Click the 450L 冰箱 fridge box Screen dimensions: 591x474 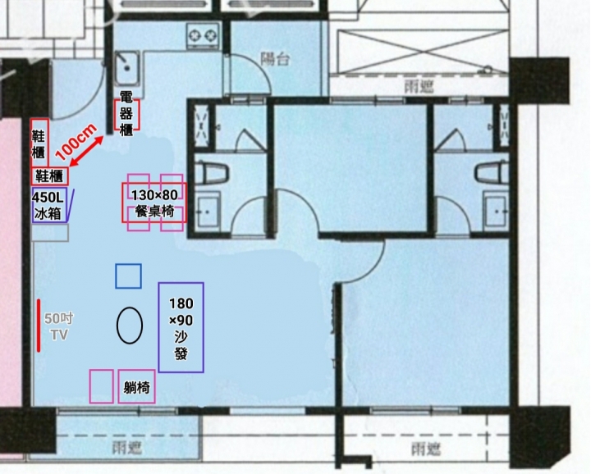[x=50, y=205]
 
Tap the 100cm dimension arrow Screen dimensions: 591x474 [x=87, y=151]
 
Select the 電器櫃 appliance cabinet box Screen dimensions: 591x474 [x=127, y=115]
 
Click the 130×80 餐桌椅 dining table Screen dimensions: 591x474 [x=154, y=203]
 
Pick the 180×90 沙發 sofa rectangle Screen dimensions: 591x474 [x=181, y=327]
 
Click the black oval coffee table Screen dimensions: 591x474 [x=130, y=326]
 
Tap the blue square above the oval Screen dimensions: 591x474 [x=129, y=276]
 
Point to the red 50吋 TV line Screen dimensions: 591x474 [x=39, y=326]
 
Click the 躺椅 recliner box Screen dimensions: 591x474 [x=136, y=386]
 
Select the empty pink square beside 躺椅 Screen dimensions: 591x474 [x=102, y=386]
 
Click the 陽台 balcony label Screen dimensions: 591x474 [x=276, y=59]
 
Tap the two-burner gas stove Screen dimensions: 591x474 [x=203, y=36]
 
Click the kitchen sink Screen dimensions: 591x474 [x=127, y=68]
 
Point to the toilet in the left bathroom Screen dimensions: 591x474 [x=213, y=174]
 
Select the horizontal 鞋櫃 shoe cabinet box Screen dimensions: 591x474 [x=50, y=175]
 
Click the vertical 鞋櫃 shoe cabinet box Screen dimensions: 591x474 [x=39, y=143]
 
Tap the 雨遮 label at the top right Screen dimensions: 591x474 [x=419, y=87]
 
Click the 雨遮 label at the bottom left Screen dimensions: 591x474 [x=127, y=447]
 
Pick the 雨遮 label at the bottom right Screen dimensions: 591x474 [x=426, y=449]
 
